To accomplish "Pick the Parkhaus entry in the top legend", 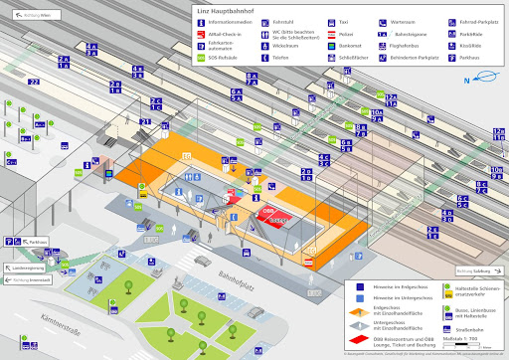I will [x=468, y=58].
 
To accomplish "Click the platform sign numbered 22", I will [x=34, y=82].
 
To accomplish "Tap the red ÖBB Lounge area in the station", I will [x=270, y=214].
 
